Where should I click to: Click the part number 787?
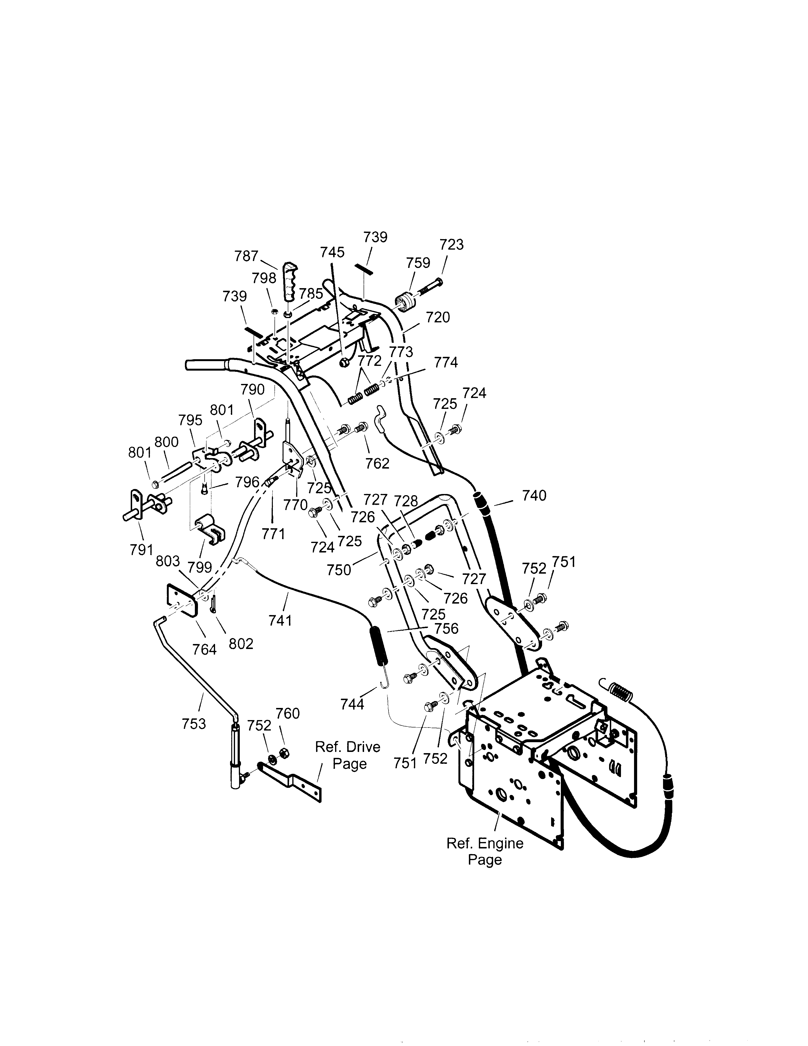tap(246, 256)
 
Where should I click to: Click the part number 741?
tap(280, 621)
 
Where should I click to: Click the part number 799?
tap(200, 567)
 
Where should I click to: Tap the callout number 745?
tap(332, 252)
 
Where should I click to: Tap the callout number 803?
tap(168, 561)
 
